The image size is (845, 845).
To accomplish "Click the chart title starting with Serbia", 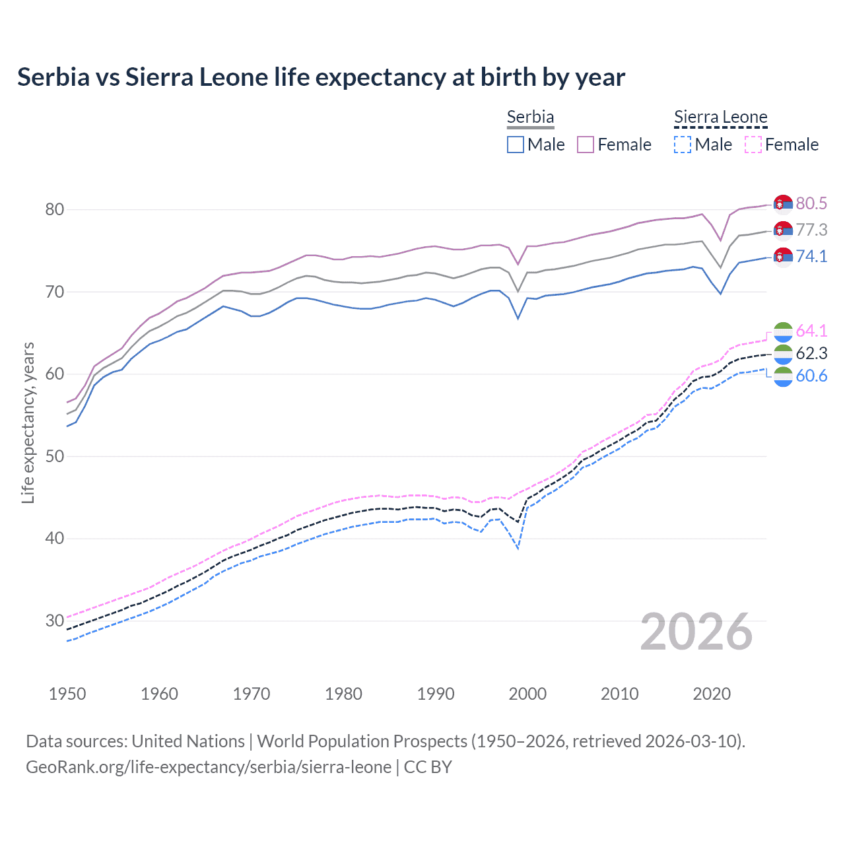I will (x=321, y=77).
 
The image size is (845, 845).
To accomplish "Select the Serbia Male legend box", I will (x=516, y=145).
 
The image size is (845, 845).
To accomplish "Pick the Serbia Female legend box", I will (x=586, y=145).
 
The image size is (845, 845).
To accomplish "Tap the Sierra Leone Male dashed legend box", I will (x=683, y=145).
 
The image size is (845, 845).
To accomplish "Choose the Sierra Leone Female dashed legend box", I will (x=753, y=145).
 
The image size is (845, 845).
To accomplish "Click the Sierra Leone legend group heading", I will (x=720, y=118).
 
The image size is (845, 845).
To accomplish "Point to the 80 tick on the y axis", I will (x=54, y=210).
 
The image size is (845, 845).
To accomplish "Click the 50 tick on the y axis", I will (x=54, y=456).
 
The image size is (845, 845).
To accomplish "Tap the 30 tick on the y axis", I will (x=54, y=621).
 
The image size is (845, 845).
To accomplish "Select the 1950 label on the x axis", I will (x=67, y=694).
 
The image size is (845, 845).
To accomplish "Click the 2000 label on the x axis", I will (x=527, y=694).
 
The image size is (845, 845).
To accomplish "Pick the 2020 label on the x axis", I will (x=712, y=694).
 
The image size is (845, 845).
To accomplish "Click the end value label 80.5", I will (x=811, y=204).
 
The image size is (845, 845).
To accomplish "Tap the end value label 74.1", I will (x=811, y=256).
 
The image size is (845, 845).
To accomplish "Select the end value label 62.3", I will (x=811, y=353).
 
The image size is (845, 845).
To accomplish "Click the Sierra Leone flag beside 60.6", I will (x=782, y=376).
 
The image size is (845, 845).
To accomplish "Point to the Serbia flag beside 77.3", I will (x=782, y=230).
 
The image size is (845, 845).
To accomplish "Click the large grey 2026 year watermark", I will (x=696, y=632).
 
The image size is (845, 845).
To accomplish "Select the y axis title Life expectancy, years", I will (x=28, y=422).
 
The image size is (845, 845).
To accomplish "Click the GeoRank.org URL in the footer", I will (x=209, y=767).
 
